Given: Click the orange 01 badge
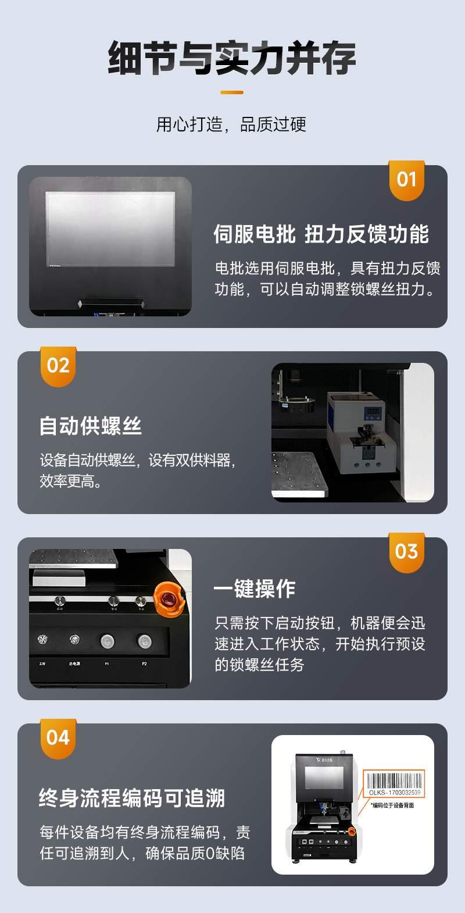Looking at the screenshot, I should coord(406,180).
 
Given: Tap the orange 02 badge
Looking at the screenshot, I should coord(58,366).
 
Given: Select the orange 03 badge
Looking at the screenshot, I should coord(406,552).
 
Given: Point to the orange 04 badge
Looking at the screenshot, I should coord(58,739).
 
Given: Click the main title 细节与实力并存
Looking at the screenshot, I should coord(232,58).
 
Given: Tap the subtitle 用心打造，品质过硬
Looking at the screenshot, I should coord(231,124).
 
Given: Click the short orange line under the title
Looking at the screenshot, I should coord(232,92).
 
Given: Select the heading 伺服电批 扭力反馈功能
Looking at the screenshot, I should coord(321,234).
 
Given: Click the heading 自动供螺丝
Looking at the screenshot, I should coord(91,426).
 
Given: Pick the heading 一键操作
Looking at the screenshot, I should coord(255,589).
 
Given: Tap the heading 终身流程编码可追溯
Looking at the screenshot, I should coord(132,798).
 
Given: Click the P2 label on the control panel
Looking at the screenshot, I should coord(144,664).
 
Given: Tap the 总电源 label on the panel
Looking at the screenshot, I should coord(74,664).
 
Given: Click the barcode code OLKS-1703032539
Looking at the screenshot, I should coord(395,793).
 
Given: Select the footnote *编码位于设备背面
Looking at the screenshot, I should coord(393,805).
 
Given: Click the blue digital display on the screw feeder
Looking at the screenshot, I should coord(372,411).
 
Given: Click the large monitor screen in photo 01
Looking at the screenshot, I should coord(110,229).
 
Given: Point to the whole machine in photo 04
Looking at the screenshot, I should coord(324,805).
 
